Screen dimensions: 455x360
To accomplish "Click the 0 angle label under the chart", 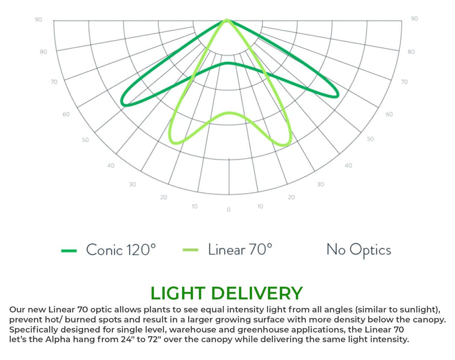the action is [x=228, y=210].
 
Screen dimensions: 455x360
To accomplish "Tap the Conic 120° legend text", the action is [x=121, y=250].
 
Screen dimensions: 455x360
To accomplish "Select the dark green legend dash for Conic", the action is [x=69, y=250].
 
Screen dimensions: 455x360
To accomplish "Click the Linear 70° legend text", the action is [x=240, y=250].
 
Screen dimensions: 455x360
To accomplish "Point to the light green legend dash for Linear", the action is [x=190, y=250].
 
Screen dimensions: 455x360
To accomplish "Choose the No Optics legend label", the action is [x=358, y=250].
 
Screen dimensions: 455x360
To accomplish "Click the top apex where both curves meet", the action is [x=227, y=21].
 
